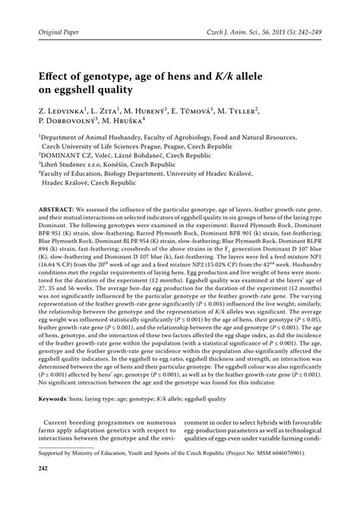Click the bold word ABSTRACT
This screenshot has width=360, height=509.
[48, 208]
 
